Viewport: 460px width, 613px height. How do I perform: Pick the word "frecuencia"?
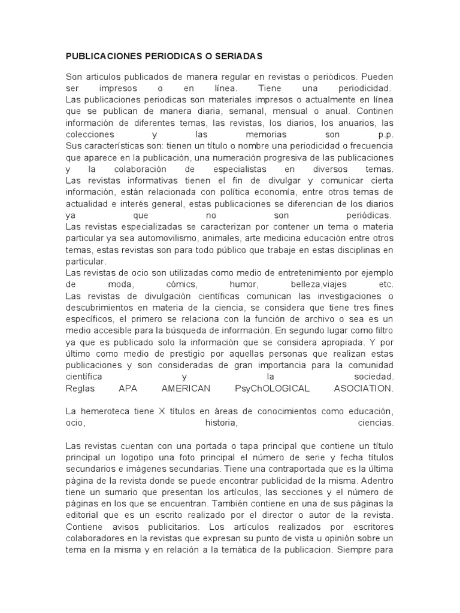click(367, 145)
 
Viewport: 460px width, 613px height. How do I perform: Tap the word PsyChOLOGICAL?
click(273, 389)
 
